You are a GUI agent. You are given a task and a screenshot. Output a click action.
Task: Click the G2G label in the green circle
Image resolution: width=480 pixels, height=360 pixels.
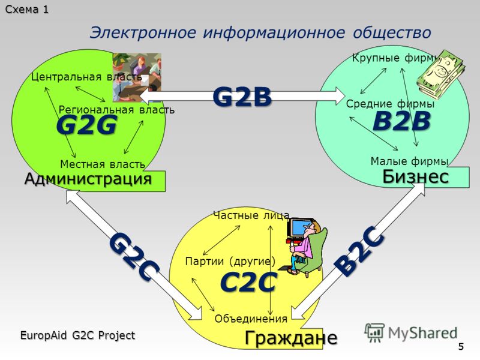click(86, 125)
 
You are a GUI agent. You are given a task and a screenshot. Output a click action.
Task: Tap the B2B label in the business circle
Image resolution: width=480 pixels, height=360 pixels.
click(401, 121)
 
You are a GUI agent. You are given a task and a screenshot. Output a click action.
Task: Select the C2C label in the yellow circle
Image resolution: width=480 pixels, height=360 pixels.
click(248, 281)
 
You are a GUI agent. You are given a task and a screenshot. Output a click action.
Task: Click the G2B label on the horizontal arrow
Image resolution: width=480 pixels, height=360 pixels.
click(242, 97)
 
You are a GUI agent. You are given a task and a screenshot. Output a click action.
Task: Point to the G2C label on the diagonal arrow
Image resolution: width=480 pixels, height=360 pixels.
click(134, 257)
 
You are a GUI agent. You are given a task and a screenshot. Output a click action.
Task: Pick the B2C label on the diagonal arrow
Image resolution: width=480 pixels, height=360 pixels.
click(359, 251)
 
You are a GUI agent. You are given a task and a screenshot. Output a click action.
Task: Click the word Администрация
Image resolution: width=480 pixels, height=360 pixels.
click(88, 179)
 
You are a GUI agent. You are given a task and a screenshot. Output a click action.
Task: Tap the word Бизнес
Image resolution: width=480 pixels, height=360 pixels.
click(415, 176)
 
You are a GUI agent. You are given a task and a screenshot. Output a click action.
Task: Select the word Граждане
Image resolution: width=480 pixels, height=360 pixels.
click(291, 338)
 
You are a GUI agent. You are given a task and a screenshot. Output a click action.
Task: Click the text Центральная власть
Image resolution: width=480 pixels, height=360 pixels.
click(86, 77)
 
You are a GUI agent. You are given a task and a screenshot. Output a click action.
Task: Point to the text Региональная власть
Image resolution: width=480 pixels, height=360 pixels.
click(116, 110)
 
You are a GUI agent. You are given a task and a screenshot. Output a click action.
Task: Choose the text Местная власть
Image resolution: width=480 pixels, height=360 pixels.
click(103, 164)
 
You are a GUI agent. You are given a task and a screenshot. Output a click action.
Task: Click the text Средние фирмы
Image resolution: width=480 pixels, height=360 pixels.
click(391, 104)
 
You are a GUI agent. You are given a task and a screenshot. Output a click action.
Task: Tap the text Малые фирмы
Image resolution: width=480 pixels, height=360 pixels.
click(409, 161)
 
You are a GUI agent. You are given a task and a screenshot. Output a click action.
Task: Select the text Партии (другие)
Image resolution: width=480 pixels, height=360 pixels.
click(230, 261)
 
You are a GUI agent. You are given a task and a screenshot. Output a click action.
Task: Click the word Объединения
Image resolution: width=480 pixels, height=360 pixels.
click(251, 319)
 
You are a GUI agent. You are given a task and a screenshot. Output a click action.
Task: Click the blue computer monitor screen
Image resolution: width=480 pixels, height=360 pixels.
click(298, 228)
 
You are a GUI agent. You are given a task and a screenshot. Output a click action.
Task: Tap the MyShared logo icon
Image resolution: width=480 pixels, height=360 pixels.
click(374, 332)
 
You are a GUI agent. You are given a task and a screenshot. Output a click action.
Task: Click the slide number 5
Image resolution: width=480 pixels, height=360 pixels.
click(461, 347)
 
